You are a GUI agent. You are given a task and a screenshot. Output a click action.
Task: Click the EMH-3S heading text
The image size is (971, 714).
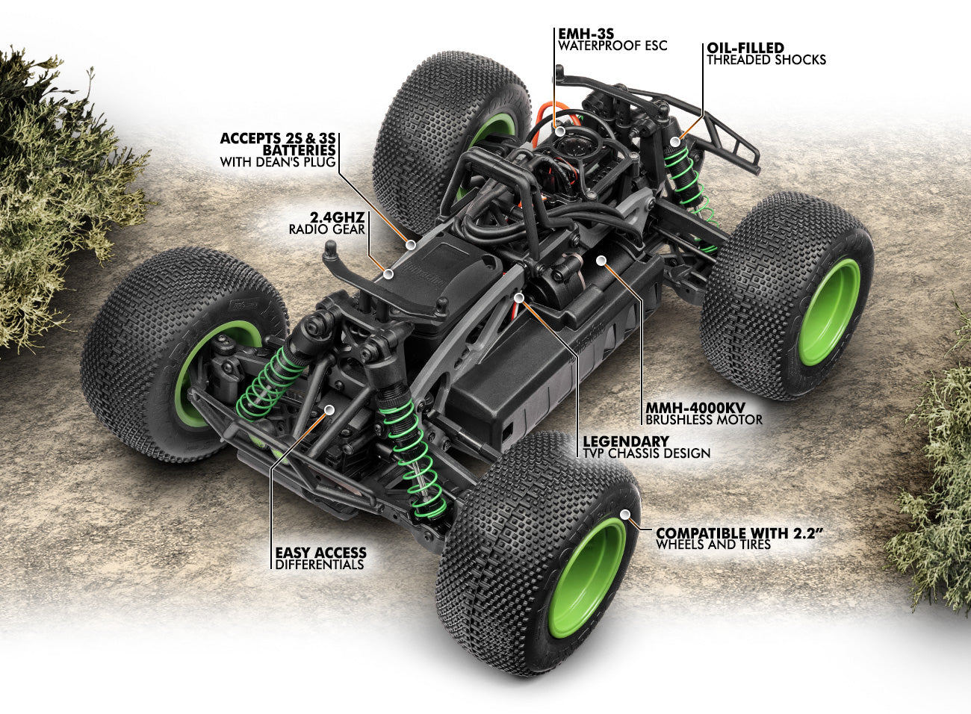[583, 34]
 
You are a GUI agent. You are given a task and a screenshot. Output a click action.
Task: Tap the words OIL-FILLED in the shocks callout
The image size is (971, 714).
[745, 48]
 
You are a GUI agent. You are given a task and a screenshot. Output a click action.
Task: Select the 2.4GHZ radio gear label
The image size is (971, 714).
[338, 217]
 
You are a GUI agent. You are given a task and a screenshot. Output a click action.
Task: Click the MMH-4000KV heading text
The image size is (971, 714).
[697, 407]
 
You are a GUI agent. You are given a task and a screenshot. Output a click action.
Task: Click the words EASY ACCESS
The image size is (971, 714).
[320, 553]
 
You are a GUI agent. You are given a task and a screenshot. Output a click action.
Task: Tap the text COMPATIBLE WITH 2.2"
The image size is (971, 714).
[742, 533]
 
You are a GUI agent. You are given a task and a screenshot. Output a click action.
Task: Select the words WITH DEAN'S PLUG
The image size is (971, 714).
[278, 161]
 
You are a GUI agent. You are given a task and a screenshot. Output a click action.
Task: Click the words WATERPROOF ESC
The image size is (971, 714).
[612, 46]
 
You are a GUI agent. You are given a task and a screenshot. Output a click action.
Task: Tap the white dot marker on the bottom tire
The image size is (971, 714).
[625, 513]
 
